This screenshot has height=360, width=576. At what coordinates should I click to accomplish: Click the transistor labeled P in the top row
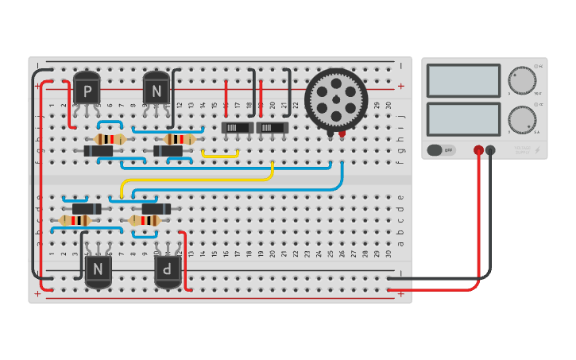point(87,89)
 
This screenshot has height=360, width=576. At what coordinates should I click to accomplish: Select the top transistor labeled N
point(157,89)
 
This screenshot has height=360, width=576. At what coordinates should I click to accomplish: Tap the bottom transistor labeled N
point(99,269)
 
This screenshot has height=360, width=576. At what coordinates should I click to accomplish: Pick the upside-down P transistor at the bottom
point(168,269)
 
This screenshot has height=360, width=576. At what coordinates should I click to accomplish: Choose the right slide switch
point(272,127)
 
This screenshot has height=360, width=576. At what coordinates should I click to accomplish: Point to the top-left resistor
point(110,139)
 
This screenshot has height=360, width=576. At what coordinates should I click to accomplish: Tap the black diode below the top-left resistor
point(99,151)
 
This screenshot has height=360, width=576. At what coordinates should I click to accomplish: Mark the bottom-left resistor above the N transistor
point(75,220)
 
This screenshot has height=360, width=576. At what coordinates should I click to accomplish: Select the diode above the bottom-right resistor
point(156,209)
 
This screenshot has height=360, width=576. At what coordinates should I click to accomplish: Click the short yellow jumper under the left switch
point(220,154)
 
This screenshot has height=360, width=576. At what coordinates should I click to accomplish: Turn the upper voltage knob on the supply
point(522,81)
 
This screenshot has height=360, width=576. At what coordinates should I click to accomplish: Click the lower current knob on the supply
point(522,120)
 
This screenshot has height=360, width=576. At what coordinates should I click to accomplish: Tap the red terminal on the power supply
point(478,149)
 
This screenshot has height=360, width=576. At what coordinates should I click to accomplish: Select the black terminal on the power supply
point(490,149)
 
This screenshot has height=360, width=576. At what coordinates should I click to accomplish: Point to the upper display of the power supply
point(463,81)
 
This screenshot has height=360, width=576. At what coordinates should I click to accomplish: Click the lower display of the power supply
point(463,119)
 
